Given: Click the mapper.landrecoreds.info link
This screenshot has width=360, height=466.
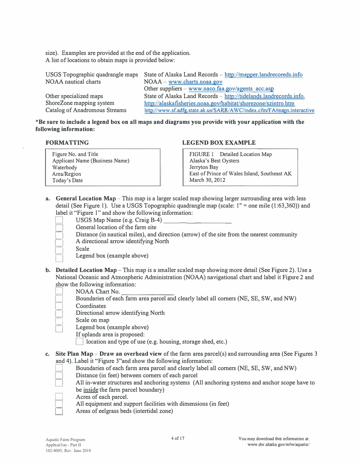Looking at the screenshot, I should pyautogui.click(x=263, y=75).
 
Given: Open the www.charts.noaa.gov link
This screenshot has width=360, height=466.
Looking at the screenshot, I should pyautogui.click(x=195, y=82).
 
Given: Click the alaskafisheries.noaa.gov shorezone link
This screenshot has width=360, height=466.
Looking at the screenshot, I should pyautogui.click(x=219, y=103).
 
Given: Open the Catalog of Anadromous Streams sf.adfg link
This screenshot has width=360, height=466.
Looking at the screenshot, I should pyautogui.click(x=229, y=111).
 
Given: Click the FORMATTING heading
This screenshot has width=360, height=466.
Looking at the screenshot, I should pyautogui.click(x=67, y=143).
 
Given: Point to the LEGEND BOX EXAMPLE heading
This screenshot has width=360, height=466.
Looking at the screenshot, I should pyautogui.click(x=219, y=143).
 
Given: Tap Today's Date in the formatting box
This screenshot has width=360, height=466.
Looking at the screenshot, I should pyautogui.click(x=67, y=180).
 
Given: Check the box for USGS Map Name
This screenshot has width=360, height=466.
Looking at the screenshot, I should pyautogui.click(x=59, y=220).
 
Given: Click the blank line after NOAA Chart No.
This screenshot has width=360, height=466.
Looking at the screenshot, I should pyautogui.click(x=147, y=292).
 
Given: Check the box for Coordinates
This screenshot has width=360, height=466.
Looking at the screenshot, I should pyautogui.click(x=59, y=306).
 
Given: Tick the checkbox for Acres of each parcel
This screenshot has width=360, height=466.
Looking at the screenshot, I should pyautogui.click(x=59, y=397).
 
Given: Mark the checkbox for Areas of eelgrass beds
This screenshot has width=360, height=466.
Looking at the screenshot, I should pyautogui.click(x=59, y=411).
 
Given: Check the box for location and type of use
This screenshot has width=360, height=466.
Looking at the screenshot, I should pyautogui.click(x=79, y=342).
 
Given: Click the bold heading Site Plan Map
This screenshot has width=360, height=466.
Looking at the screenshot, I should pyautogui.click(x=74, y=354).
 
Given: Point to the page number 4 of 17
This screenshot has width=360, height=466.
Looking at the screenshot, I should pyautogui.click(x=178, y=438).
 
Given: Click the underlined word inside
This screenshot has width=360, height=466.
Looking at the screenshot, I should pyautogui.click(x=91, y=390).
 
